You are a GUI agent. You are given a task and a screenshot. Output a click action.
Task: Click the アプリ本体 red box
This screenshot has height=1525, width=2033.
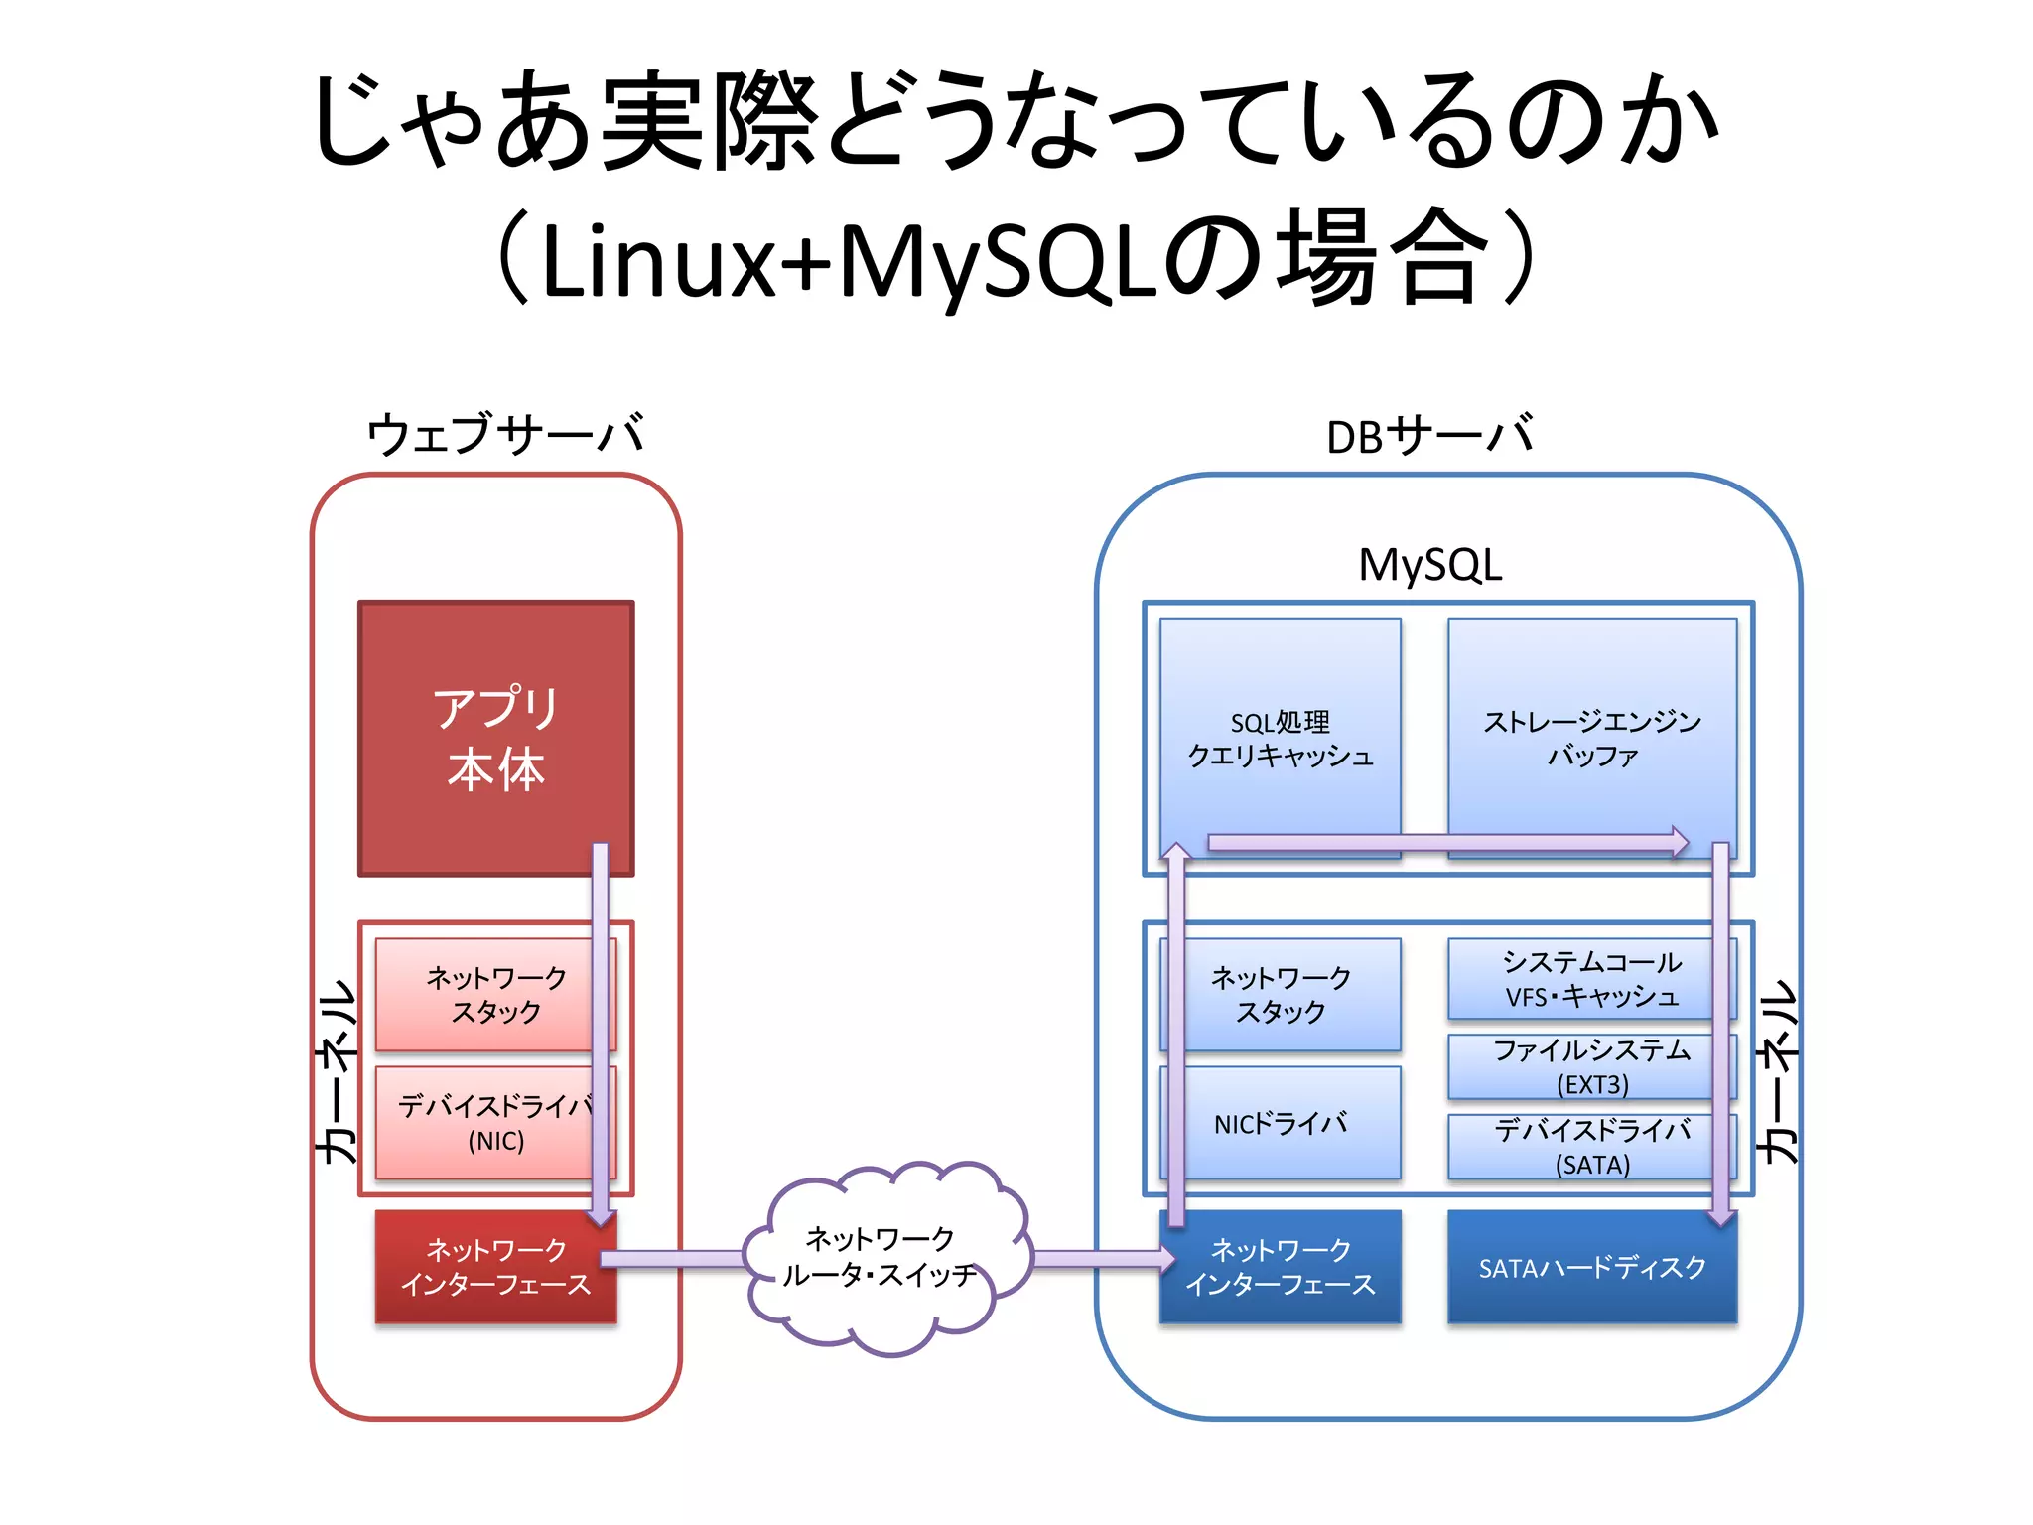point(495,738)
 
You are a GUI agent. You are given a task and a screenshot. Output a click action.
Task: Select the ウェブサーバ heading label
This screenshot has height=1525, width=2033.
point(505,435)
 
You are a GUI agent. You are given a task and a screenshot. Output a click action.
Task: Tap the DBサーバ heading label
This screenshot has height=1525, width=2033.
point(1428,435)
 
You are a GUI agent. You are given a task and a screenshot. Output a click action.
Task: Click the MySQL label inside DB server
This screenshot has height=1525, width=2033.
point(1429,566)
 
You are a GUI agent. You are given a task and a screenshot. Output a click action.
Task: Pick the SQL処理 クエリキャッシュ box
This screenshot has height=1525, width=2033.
point(1281,738)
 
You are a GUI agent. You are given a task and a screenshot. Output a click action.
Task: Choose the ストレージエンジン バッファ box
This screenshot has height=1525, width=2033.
point(1591,738)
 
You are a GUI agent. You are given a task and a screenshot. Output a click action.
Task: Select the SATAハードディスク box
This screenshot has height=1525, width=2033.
point(1591,1268)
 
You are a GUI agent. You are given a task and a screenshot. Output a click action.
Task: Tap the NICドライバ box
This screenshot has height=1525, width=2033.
point(1281,1123)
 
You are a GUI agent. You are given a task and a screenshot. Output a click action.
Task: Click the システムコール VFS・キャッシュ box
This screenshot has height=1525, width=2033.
point(1591,979)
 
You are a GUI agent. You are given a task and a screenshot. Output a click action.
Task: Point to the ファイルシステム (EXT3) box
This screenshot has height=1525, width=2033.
point(1591,1066)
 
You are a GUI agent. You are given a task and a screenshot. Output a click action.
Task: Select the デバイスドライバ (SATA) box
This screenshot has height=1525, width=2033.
point(1591,1147)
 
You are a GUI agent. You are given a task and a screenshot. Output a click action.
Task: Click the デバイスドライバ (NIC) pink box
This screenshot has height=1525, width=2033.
point(486,1123)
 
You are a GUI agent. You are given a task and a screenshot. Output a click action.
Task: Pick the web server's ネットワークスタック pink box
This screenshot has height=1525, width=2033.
point(486,994)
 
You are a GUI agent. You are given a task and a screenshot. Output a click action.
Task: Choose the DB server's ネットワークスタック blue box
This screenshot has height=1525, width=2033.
point(1281,994)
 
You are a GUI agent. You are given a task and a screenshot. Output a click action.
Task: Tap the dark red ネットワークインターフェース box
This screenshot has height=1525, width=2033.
point(495,1267)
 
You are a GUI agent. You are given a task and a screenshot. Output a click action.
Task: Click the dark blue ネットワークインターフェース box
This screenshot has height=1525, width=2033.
point(1281,1267)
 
